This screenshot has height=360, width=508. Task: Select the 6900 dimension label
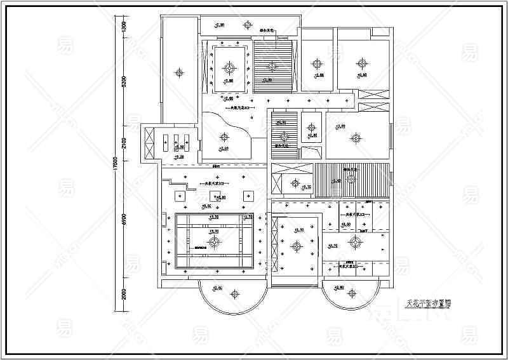[124, 219]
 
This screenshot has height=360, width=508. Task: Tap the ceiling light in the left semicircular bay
[234, 293]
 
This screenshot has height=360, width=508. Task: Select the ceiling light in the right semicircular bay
[353, 293]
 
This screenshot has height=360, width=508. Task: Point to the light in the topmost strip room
[248, 24]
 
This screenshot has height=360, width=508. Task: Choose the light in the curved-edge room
[223, 135]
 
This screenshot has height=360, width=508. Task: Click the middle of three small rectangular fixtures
[176, 140]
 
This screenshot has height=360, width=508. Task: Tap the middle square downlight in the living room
[215, 194]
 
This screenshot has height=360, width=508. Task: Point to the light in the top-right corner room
[362, 63]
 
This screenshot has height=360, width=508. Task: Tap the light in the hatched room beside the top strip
[273, 65]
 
